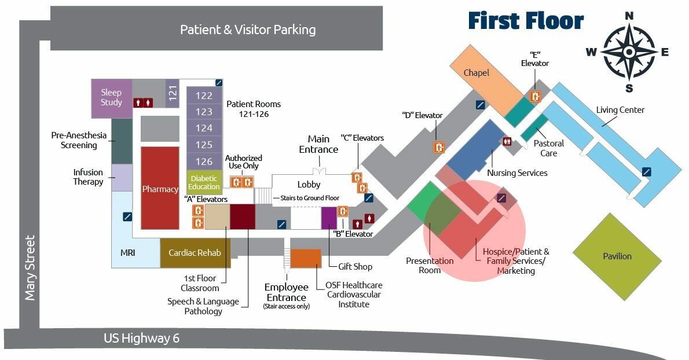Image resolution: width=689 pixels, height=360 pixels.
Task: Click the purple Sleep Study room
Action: point(111,98)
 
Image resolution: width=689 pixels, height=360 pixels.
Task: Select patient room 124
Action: point(204,128)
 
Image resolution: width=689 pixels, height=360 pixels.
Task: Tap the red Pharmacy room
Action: point(160,188)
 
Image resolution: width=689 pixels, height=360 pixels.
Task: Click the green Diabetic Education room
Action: point(204,182)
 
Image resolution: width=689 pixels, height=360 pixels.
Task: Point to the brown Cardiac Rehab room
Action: point(195,253)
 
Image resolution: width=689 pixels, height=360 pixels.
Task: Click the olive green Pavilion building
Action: point(617,256)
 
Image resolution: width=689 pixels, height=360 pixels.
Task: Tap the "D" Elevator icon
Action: point(440,147)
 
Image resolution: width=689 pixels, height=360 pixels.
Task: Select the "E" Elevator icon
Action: point(536,97)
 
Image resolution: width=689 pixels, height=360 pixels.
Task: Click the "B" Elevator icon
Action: point(343,211)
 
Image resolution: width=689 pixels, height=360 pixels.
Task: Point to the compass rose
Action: point(629,52)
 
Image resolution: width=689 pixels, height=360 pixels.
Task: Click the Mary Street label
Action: point(30,267)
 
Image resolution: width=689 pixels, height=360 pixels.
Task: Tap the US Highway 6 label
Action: point(141,339)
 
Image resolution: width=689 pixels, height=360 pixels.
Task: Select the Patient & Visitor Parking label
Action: point(248,30)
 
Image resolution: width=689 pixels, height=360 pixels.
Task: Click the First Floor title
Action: point(526,21)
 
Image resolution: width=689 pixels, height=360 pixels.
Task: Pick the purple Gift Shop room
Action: point(329,218)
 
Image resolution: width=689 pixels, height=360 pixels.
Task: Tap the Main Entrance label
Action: point(318,144)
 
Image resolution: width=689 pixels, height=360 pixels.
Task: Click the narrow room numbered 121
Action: point(173,94)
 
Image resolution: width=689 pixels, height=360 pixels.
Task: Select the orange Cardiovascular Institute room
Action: point(305,258)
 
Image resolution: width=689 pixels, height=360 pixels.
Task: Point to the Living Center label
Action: point(620,110)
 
